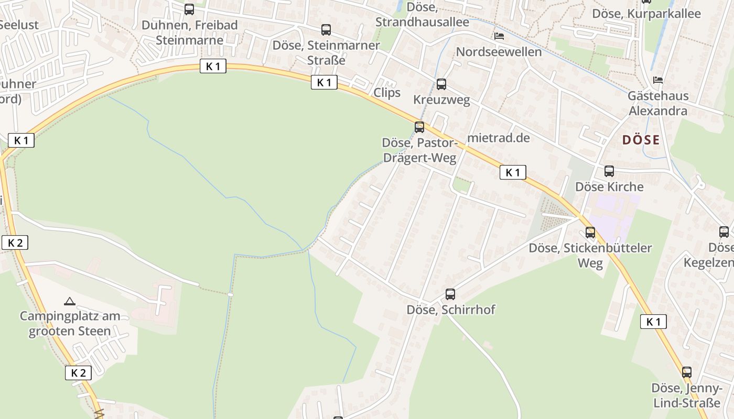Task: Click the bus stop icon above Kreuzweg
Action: [441, 84]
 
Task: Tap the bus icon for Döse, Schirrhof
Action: [450, 294]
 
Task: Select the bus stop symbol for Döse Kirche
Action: [609, 171]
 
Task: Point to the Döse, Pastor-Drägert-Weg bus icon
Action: [419, 127]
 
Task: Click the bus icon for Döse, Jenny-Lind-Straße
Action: [687, 372]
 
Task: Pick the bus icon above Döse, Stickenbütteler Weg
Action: [590, 233]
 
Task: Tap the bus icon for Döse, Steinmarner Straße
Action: [326, 30]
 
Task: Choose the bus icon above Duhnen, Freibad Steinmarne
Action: [189, 9]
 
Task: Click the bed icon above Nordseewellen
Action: [499, 36]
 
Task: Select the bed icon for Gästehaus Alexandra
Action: [658, 80]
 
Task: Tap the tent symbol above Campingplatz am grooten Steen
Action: [69, 301]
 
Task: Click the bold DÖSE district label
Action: [641, 140]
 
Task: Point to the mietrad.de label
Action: [498, 138]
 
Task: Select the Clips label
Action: [387, 93]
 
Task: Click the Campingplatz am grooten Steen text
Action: [70, 324]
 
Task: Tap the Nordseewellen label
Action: [499, 52]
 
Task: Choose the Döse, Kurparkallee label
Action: [646, 14]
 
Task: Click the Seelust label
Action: [19, 25]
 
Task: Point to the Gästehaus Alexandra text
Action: [658, 104]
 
